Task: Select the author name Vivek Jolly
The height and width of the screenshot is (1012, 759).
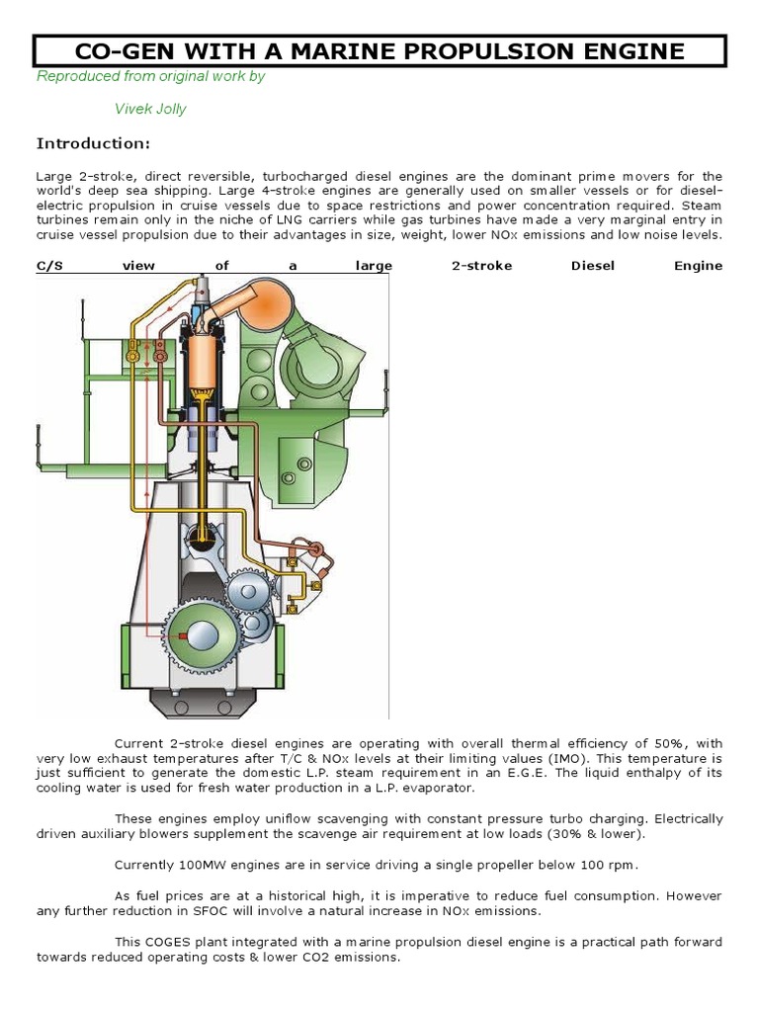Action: pos(150,109)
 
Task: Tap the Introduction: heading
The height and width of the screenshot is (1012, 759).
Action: pos(93,144)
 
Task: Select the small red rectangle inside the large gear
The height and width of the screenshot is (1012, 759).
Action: pos(178,635)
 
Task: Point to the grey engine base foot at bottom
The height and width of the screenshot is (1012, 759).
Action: pos(208,704)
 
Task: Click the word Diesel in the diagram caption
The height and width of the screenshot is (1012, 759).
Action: pos(591,265)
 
